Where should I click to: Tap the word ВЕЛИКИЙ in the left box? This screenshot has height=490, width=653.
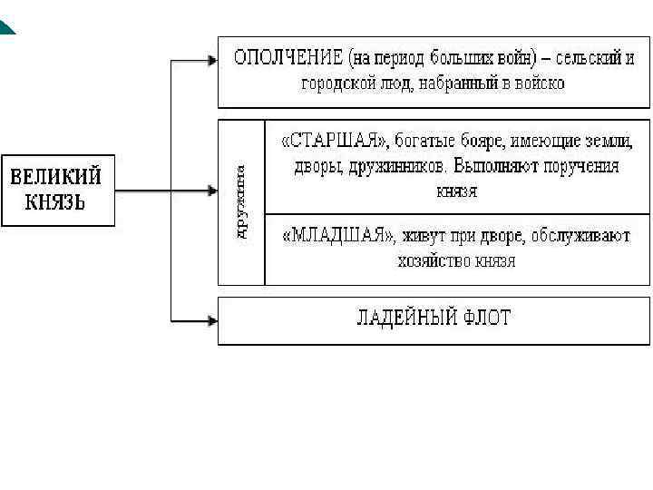click(x=57, y=175)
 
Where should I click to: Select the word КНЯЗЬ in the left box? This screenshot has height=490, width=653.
click(x=56, y=201)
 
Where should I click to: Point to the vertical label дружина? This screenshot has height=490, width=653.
click(x=242, y=201)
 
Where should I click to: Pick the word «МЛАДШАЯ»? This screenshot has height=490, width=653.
click(x=337, y=236)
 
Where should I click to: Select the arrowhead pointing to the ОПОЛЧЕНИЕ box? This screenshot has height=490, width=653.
click(x=212, y=61)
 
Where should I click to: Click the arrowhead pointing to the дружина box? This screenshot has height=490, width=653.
click(x=212, y=191)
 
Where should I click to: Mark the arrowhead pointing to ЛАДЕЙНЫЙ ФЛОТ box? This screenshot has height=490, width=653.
click(x=212, y=319)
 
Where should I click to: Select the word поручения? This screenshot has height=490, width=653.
click(x=577, y=167)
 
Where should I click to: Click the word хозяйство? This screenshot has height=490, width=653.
click(x=432, y=261)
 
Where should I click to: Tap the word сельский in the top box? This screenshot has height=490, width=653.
click(x=585, y=58)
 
